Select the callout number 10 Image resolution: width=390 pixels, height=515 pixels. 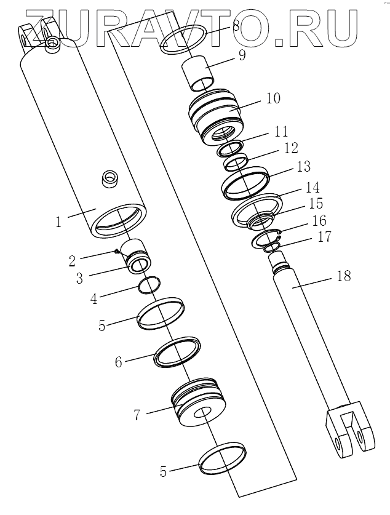pos(273,98)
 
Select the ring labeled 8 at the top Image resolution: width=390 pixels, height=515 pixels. pos(185,40)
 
